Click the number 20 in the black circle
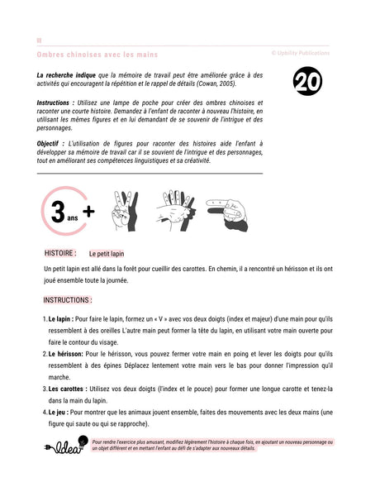pos(307,83)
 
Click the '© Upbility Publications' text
pos(300,53)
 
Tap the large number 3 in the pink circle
pos(57,212)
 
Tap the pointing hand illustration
pos(230,213)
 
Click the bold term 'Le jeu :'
pos(62,412)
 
